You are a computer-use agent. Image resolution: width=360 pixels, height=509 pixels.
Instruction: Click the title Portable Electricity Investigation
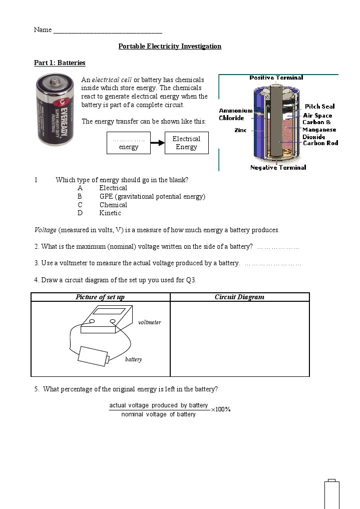[170, 47]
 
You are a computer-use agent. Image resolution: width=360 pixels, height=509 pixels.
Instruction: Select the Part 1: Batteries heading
[60, 63]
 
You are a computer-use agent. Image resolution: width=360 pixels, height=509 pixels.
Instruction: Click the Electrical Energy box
[186, 143]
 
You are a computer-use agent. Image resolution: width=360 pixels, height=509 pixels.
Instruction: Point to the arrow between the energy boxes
[158, 143]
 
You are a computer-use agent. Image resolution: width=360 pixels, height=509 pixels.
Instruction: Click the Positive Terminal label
[276, 78]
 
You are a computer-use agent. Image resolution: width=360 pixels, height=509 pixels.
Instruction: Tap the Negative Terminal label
[278, 168]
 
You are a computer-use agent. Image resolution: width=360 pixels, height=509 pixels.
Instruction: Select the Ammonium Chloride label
[235, 114]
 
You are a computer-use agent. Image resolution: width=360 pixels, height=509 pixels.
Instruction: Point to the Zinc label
[240, 130]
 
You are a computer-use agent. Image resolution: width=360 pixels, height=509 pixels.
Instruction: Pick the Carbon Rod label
[320, 143]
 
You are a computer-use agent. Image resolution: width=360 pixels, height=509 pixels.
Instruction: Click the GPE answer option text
[152, 197]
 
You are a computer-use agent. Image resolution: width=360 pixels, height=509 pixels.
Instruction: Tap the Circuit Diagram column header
[239, 297]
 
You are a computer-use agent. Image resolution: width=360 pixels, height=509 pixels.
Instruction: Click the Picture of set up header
[100, 297]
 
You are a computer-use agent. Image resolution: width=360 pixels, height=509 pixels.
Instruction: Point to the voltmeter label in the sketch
[149, 322]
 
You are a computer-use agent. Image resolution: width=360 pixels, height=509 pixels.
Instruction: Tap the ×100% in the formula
[221, 409]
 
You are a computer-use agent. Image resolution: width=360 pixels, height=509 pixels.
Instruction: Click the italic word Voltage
[45, 230]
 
